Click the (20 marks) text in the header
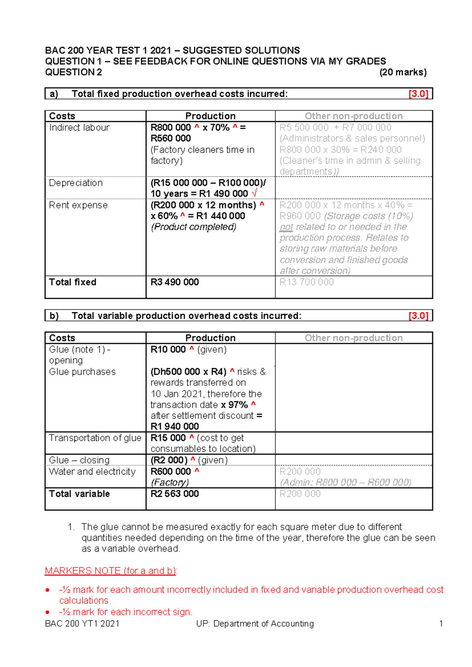click(403, 72)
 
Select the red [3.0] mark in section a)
click(418, 94)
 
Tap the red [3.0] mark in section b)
click(418, 316)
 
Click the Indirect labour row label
click(79, 128)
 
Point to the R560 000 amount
click(171, 138)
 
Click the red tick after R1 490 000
click(254, 193)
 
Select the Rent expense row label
click(78, 205)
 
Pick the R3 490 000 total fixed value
click(175, 282)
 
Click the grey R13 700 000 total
click(306, 282)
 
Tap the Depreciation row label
click(76, 183)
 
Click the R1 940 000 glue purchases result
click(175, 427)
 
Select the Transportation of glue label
click(95, 438)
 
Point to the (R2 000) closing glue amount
click(169, 460)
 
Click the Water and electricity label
click(92, 472)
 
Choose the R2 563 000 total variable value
click(175, 494)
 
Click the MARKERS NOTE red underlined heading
click(111, 571)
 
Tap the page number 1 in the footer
click(441, 624)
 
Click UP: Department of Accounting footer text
click(255, 624)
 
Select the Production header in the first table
click(210, 116)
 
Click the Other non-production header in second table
click(354, 338)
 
